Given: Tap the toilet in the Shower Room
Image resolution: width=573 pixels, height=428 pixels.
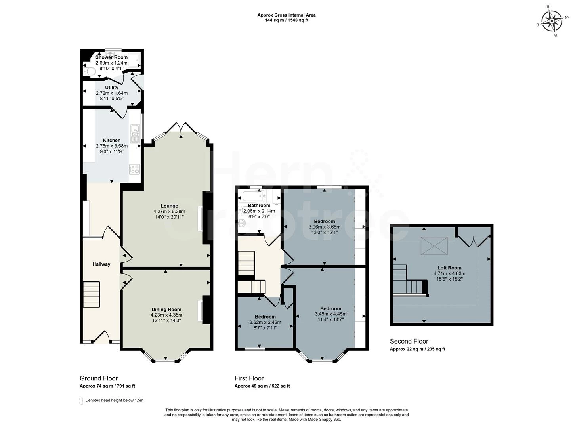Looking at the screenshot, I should pos(90,71).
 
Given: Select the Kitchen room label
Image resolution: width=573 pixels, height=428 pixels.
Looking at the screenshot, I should pos(112,140).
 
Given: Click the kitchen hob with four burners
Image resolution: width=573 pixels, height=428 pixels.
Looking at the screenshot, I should pos(135,169).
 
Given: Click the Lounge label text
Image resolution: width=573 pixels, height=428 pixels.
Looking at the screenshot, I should pos(169,206).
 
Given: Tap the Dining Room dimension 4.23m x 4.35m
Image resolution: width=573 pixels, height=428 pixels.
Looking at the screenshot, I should pos(166,315).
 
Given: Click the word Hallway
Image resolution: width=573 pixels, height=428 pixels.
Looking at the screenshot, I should pos(101,264).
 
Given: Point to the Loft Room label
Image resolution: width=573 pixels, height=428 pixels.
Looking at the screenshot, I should pos(449,268).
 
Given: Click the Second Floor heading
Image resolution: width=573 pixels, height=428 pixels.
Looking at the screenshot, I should pos(409,341).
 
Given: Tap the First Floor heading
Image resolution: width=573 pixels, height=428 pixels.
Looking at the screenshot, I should pos(249,378).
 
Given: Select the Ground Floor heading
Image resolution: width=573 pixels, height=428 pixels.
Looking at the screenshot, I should pos(99,378).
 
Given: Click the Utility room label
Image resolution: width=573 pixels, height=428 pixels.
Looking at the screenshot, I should pos(112,88).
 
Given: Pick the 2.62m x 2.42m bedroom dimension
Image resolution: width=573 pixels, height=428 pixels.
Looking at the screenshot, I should pos(265,322).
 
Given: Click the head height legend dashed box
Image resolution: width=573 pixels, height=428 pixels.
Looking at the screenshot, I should pos(81,401).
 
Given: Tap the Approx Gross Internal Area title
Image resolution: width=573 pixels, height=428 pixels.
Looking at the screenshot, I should pos(286,15).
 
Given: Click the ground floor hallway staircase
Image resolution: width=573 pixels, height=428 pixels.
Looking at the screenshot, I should pos(91,294).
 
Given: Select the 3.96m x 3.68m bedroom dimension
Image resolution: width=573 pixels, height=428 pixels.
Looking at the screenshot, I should pos(325,227).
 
